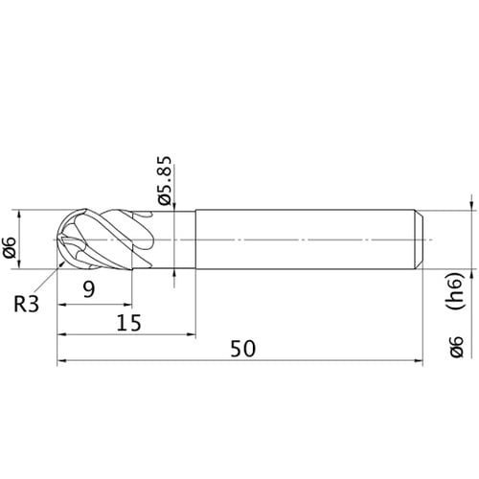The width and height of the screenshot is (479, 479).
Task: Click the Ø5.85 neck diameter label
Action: [x=165, y=181]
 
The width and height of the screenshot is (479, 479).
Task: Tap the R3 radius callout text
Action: [x=26, y=304]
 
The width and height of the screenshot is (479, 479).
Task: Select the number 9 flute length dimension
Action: [x=89, y=290]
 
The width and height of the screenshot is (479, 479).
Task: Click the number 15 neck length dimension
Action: [x=128, y=323]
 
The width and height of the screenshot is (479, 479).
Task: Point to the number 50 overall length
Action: [x=242, y=349]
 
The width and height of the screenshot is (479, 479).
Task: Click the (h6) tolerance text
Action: [x=455, y=291]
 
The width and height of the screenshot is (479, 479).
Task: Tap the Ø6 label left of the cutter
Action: [x=10, y=247]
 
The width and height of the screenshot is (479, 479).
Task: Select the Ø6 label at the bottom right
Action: [x=456, y=347]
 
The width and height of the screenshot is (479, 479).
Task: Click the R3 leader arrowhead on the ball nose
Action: [x=62, y=263]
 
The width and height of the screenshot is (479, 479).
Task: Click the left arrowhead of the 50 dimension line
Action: [x=61, y=361]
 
